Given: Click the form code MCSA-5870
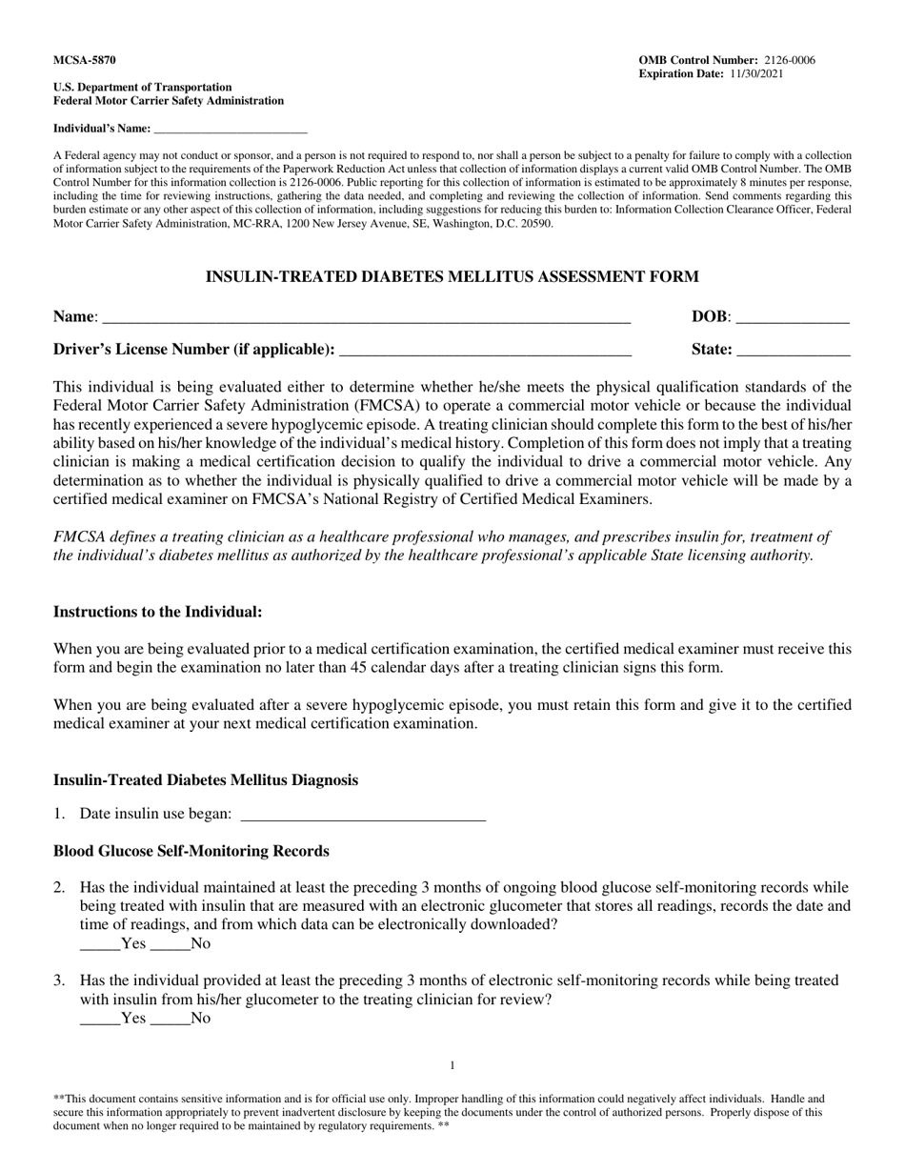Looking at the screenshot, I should [x=85, y=60].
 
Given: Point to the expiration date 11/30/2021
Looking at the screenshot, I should [x=756, y=73].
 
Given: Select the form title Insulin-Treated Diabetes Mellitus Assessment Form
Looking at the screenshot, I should [x=452, y=277].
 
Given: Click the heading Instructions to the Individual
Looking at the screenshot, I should [x=157, y=612].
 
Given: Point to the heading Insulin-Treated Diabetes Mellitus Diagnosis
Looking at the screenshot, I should [x=206, y=780].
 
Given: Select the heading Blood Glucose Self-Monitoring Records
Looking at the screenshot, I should [x=191, y=851].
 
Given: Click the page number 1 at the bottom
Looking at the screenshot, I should [x=452, y=1065].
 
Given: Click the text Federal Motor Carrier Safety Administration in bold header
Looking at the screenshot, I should [x=169, y=101].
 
